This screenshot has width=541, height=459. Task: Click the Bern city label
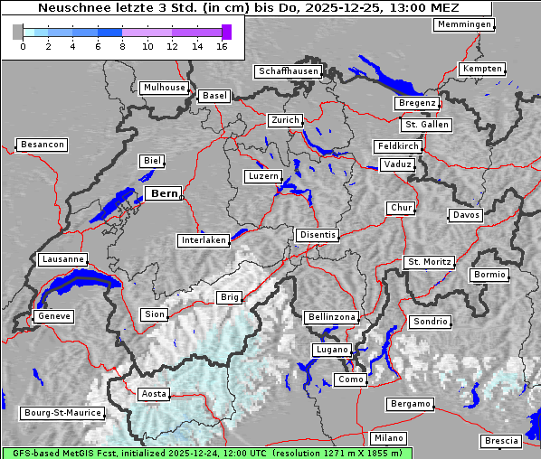click(164, 193)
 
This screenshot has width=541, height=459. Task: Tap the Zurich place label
click(284, 120)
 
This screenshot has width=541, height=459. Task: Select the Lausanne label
click(62, 259)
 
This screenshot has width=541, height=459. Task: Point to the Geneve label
click(53, 316)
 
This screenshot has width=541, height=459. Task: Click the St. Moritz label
click(429, 262)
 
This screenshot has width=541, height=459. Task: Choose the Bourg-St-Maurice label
click(62, 413)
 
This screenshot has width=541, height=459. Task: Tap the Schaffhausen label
click(288, 71)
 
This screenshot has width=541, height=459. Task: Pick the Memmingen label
click(464, 24)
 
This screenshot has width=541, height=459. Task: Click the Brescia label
click(501, 440)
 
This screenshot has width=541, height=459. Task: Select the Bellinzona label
click(332, 317)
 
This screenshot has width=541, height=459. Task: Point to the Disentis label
click(318, 235)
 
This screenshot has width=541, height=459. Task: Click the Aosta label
click(154, 394)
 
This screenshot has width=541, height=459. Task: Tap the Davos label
click(466, 215)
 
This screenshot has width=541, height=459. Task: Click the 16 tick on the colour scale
click(223, 45)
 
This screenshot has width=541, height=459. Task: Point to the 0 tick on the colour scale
click(22, 45)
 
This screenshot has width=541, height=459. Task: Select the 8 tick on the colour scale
click(122, 45)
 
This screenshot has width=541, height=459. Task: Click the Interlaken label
click(204, 240)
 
